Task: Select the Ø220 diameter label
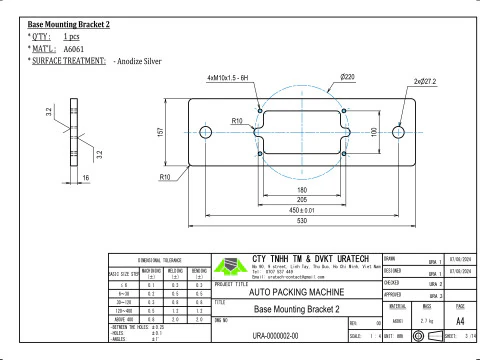click(349, 77)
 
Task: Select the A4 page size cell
click(459, 323)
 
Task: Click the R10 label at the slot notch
click(238, 120)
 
